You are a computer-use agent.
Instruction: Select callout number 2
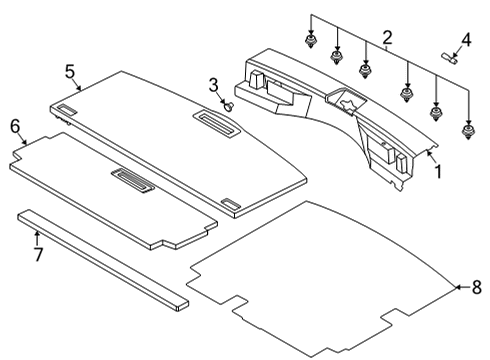(386, 39)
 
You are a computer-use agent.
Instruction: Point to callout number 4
(464, 42)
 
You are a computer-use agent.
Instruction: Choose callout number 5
(70, 71)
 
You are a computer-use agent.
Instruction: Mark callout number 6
(14, 126)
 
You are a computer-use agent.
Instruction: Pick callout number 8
(476, 287)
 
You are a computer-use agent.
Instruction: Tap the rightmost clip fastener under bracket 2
(467, 130)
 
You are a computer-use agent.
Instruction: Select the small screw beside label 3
(230, 103)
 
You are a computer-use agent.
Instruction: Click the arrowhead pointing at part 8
(458, 287)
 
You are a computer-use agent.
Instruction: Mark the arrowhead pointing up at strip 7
(36, 234)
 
